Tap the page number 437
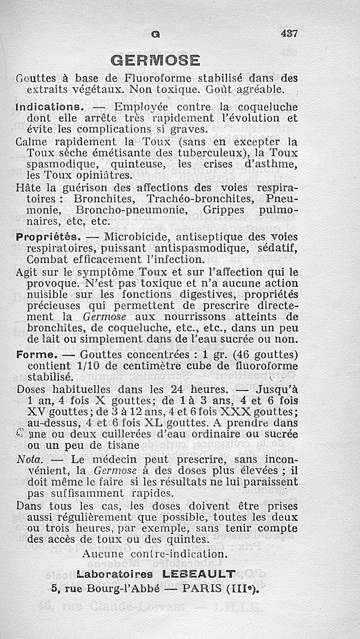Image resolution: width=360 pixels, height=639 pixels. (x=290, y=34)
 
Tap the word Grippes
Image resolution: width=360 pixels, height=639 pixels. (x=224, y=210)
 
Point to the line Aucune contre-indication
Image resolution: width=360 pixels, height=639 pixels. (x=155, y=554)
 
